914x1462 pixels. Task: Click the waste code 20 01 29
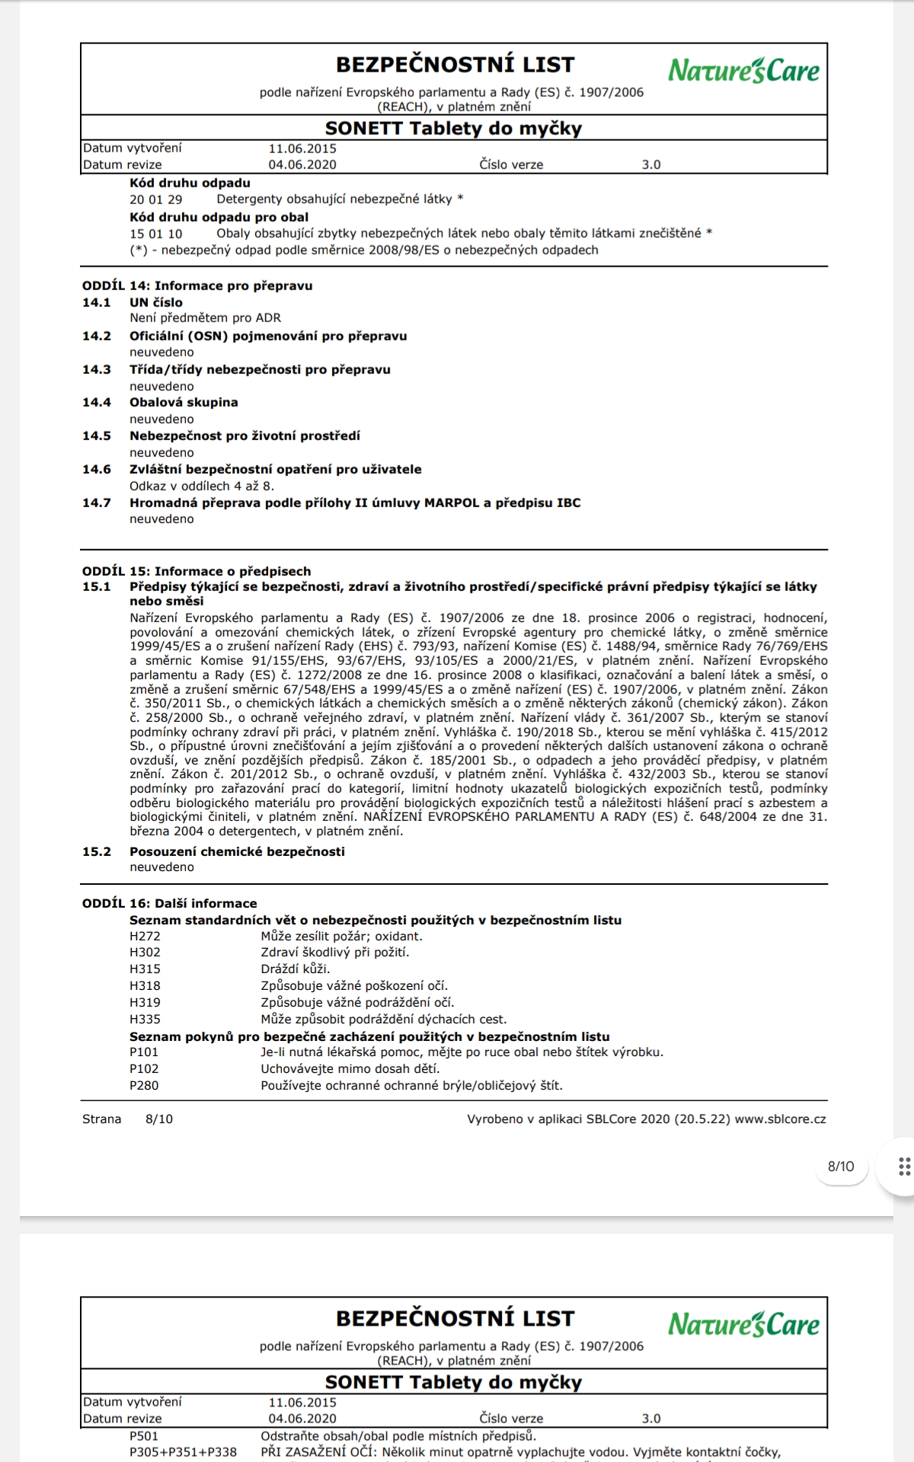coord(155,200)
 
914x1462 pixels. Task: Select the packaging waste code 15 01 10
coord(155,234)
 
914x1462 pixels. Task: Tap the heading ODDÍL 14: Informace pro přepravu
coord(197,286)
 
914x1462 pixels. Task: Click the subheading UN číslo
coord(155,302)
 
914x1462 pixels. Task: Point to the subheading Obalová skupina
coord(184,402)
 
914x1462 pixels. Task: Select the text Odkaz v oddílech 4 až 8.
coord(202,486)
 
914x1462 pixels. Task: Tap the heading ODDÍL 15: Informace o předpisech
coord(197,571)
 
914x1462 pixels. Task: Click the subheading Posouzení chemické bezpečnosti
coord(237,851)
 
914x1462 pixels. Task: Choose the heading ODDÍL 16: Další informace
coord(170,903)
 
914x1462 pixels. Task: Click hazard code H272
coord(145,936)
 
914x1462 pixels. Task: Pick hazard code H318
coord(145,985)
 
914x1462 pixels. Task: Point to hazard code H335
coord(145,1019)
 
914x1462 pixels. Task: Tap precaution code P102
coord(144,1068)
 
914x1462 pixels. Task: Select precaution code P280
coord(144,1085)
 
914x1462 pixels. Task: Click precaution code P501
coord(144,1436)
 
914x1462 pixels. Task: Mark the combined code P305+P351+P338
coord(183,1452)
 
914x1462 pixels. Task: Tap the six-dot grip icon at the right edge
coord(904,1167)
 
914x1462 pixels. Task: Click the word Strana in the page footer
coord(102,1119)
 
